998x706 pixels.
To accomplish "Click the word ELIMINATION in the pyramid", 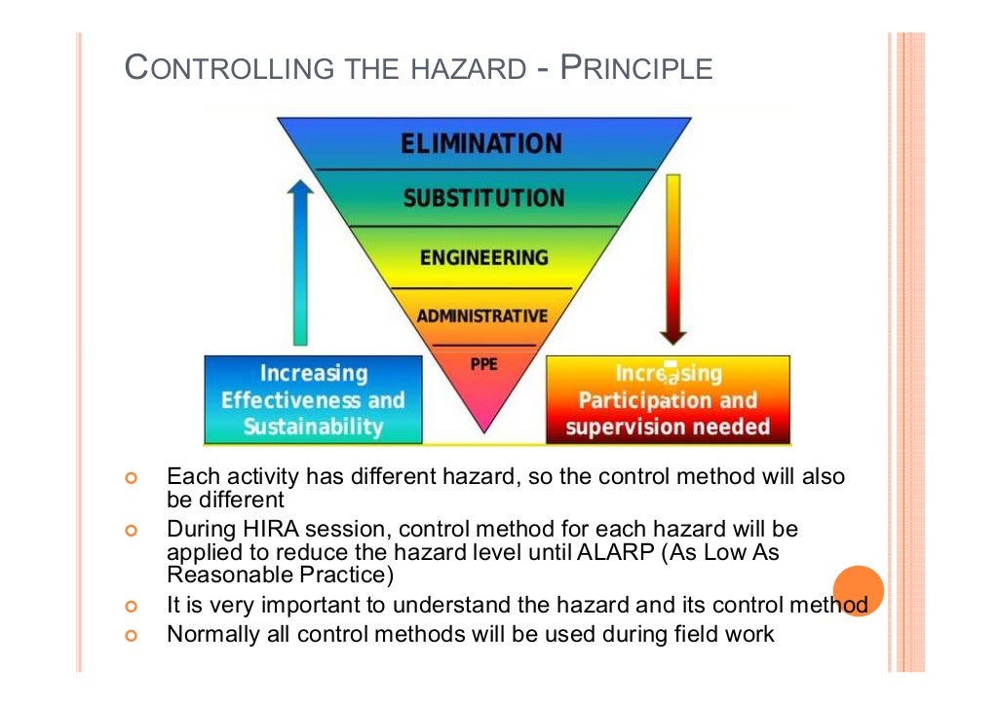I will point(481,143).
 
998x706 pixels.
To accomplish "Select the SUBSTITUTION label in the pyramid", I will point(483,198).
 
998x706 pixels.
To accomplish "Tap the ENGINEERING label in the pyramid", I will point(483,257).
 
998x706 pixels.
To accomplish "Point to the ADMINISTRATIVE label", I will point(482,316).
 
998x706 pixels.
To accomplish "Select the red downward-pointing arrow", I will point(672,259).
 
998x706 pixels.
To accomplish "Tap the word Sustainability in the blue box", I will point(313,427).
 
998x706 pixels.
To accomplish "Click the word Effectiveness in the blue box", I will point(285,400).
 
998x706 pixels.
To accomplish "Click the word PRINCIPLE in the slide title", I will point(637,69).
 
